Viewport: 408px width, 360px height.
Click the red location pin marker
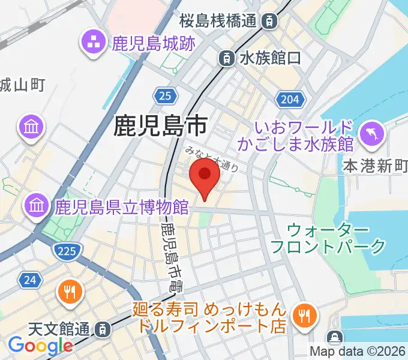click(x=204, y=178)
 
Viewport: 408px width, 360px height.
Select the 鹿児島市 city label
click(x=160, y=125)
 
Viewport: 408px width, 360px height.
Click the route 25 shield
click(x=165, y=94)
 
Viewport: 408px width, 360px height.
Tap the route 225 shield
click(x=65, y=251)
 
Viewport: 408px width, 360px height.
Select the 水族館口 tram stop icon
click(x=226, y=58)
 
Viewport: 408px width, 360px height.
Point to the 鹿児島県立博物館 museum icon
click(x=37, y=207)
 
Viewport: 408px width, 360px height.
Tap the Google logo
click(x=40, y=346)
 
